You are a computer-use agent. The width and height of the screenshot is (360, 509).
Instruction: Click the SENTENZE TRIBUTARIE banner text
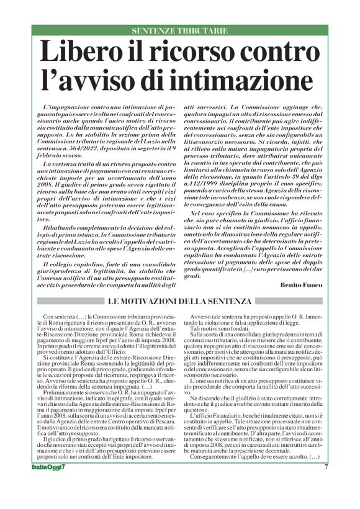point(179,30)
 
